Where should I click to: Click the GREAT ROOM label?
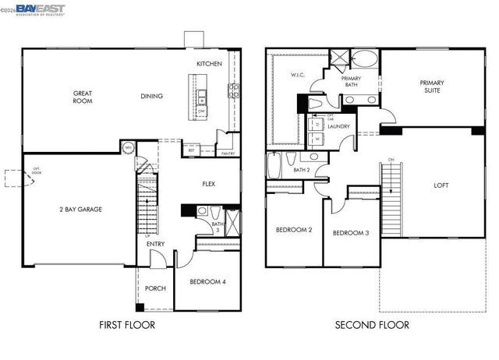(82, 96)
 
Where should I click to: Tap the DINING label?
(151, 96)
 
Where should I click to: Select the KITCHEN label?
(209, 63)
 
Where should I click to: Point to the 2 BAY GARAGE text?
(80, 209)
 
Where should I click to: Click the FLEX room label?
(208, 184)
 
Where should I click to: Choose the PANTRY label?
(228, 154)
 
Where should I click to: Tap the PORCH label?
(155, 288)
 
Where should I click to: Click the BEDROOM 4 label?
(207, 281)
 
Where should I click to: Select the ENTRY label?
(155, 244)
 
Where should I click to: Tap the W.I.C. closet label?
(298, 76)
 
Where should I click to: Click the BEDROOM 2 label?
(294, 230)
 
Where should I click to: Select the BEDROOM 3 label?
(351, 234)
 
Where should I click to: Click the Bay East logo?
(35, 9)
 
